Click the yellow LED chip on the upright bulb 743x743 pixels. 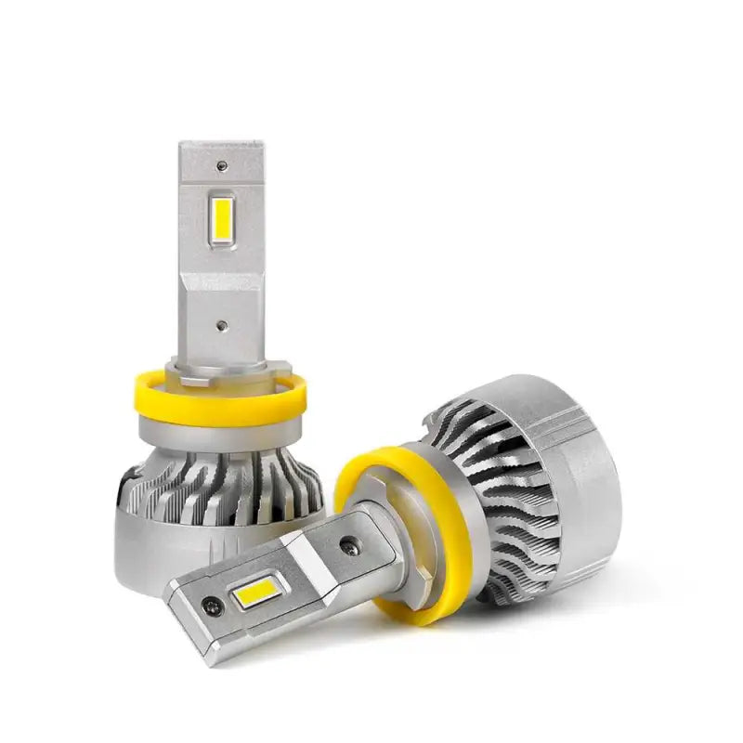(221, 219)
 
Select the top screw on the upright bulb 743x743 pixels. (221, 166)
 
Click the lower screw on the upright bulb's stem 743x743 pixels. (221, 327)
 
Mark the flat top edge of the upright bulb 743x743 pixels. (221, 145)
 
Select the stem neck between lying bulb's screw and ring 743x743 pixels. (381, 539)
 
